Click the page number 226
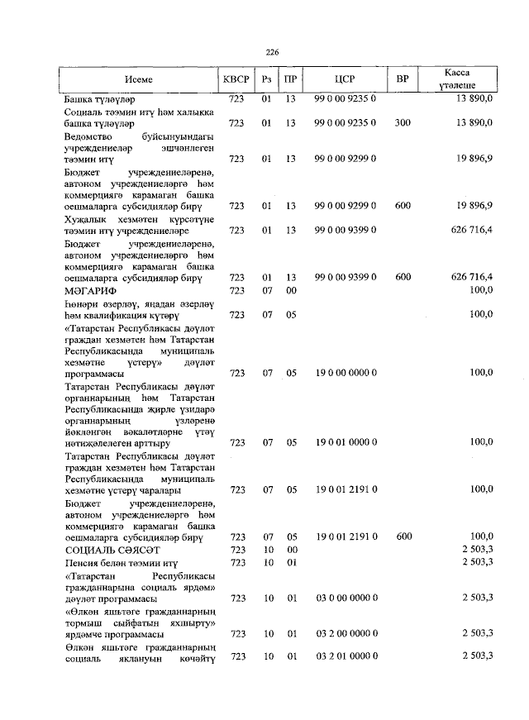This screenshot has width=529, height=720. click(x=272, y=52)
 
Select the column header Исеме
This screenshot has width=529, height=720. click(x=139, y=80)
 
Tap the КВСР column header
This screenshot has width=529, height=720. click(x=236, y=80)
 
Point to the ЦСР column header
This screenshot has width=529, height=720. click(x=345, y=80)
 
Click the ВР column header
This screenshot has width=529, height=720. click(x=403, y=80)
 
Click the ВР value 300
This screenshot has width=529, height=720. click(x=403, y=123)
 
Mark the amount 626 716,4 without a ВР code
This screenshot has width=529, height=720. click(x=466, y=229)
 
